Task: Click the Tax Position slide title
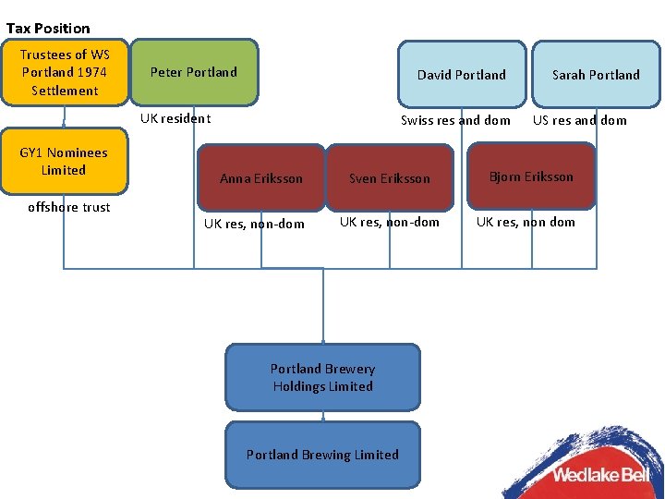48,28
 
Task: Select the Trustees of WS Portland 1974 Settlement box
64,72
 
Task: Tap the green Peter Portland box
194,72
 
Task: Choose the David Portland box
461,75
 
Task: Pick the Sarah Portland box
596,75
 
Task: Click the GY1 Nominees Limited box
64,162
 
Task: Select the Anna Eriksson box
260,178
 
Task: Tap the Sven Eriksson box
389,178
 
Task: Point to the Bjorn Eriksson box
531,176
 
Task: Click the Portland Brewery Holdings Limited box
322,377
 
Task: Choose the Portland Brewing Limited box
322,455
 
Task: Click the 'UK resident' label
175,118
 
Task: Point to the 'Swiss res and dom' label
455,120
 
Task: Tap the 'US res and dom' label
579,120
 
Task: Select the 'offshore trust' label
68,207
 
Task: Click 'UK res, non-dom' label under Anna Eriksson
254,224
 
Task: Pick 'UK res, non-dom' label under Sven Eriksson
390,222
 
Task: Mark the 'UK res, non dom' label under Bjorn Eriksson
526,222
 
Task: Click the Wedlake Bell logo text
600,475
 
